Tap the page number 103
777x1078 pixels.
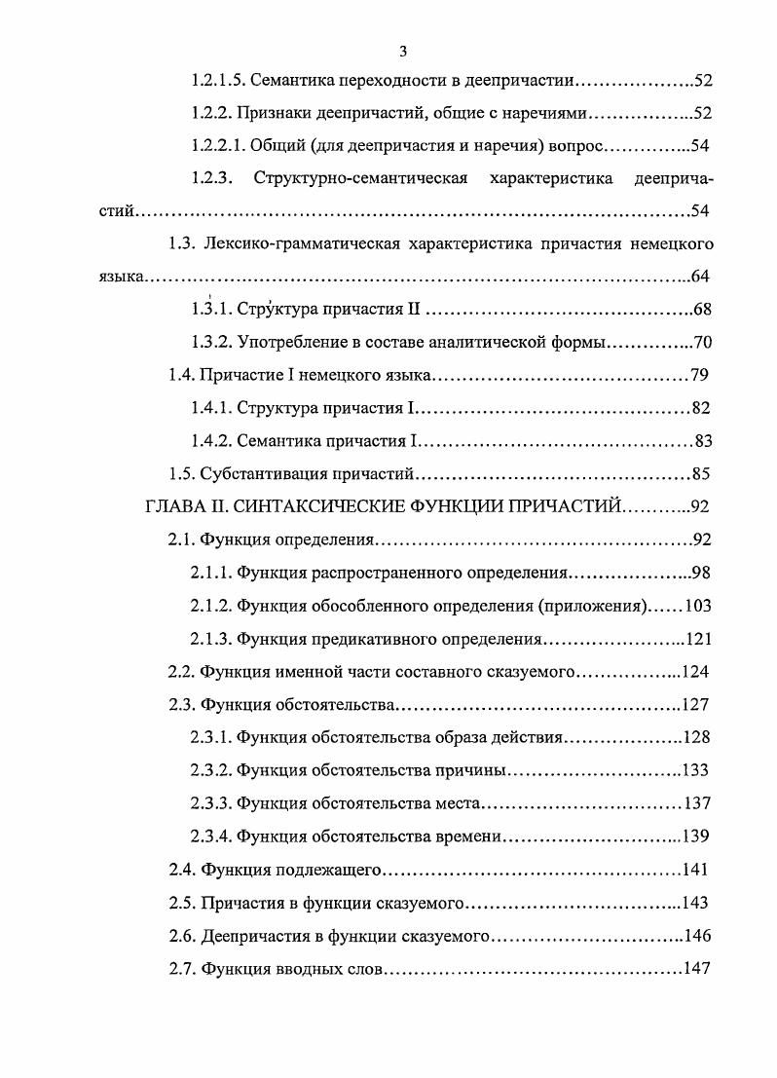tap(698, 606)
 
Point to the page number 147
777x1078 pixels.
tap(698, 970)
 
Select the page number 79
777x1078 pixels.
tap(700, 375)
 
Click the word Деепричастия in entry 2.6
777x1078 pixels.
tap(250, 937)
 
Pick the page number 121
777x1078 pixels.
tap(698, 639)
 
